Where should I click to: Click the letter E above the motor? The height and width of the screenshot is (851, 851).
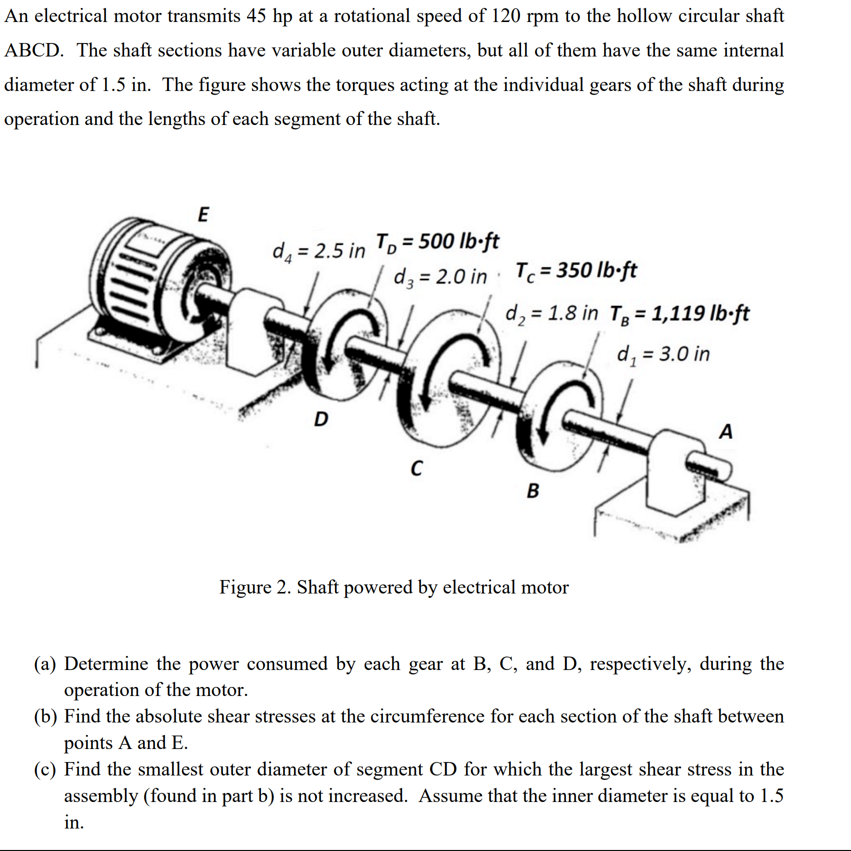coord(203,214)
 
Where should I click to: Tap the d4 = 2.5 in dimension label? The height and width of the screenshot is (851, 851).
coord(318,250)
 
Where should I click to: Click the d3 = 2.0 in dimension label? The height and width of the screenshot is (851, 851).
coord(440,276)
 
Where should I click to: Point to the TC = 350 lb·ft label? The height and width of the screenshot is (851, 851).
coord(575,270)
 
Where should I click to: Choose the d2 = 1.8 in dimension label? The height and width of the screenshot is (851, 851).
coord(551,313)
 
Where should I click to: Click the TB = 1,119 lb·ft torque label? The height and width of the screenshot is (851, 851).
coord(679,313)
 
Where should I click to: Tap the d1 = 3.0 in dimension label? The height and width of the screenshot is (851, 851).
coord(663,354)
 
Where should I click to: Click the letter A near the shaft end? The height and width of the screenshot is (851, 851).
coord(725,431)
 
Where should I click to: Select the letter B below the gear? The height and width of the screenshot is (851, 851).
coord(533,491)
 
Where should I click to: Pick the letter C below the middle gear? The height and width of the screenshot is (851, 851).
coord(416,468)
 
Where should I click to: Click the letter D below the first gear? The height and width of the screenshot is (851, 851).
coord(320,419)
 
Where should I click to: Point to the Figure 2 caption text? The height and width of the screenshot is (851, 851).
coord(393,587)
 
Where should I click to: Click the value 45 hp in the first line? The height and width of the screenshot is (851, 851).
coord(269,16)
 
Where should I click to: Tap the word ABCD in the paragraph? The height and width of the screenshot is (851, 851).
coord(34,50)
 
